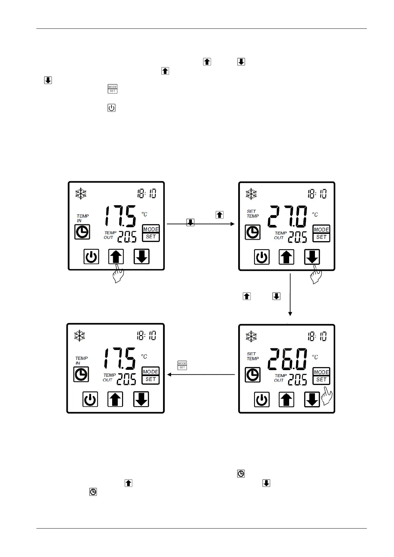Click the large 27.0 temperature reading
[x=287, y=217]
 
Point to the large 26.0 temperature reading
[x=287, y=359]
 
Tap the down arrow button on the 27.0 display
[x=312, y=257]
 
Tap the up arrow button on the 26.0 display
[x=286, y=400]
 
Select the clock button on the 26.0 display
[x=253, y=375]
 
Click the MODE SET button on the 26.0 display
[x=321, y=376]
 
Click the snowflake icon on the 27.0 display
[x=251, y=194]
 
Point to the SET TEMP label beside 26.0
[x=253, y=356]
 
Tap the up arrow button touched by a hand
[x=116, y=257]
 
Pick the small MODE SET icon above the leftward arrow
[x=182, y=365]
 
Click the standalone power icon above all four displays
[x=111, y=108]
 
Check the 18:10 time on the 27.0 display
[x=317, y=194]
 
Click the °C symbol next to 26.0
[x=315, y=357]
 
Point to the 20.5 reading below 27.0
[x=297, y=237]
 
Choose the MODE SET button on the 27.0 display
[x=321, y=233]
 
